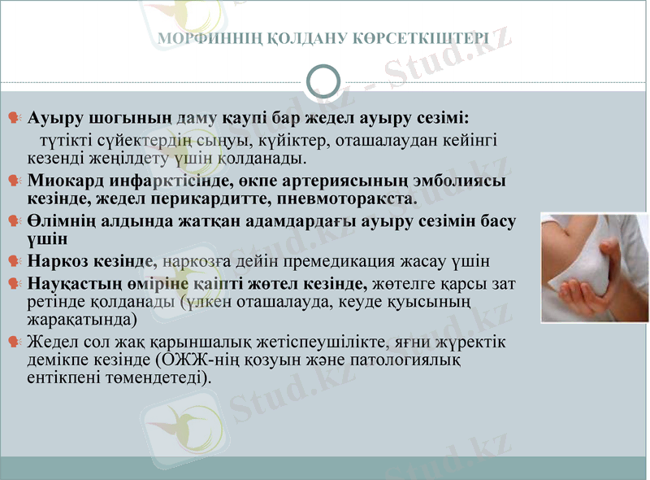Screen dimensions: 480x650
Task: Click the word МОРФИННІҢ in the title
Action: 197,38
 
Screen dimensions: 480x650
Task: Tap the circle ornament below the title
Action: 325,81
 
